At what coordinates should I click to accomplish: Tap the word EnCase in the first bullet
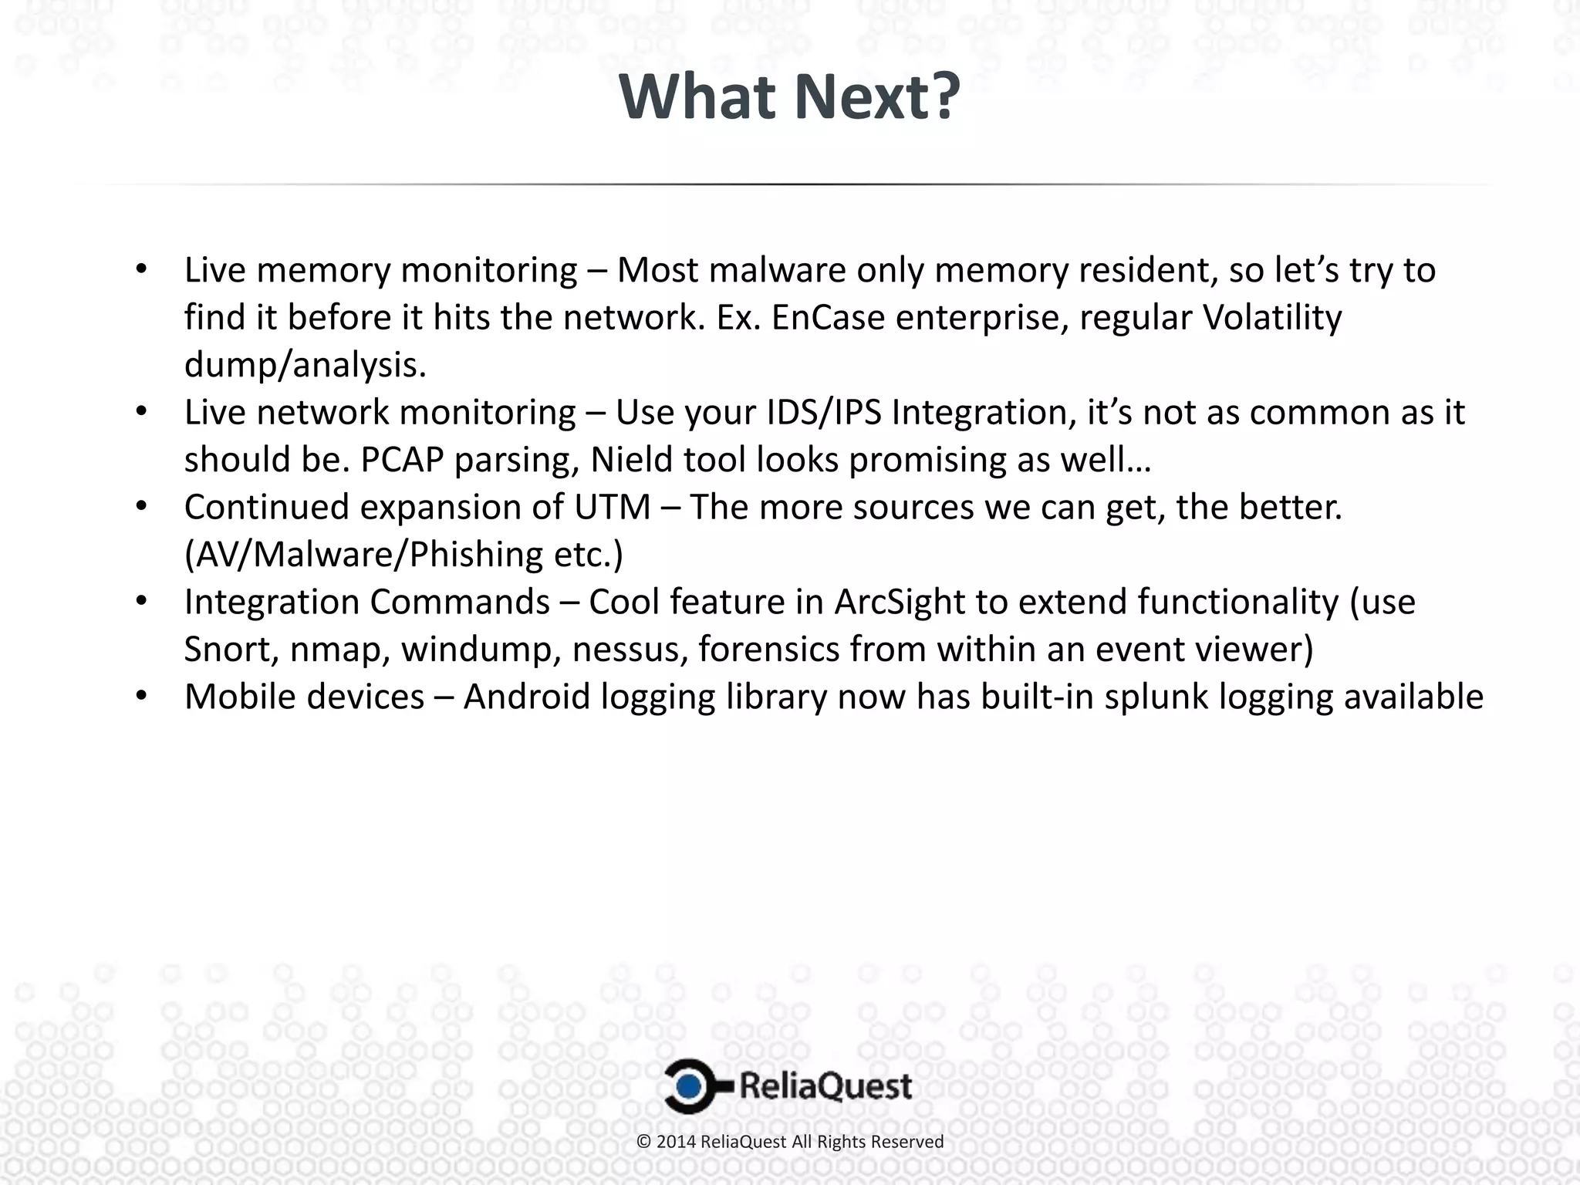coord(828,318)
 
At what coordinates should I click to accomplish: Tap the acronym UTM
coord(612,508)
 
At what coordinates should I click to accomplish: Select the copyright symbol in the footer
coord(644,1142)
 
